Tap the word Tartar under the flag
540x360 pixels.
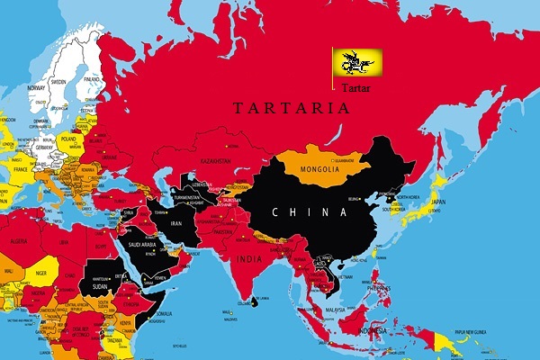(x=355, y=87)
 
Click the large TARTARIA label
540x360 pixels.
(x=291, y=108)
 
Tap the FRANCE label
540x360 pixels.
(x=21, y=167)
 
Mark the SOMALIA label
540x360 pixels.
(x=163, y=312)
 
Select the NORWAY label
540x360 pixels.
(x=36, y=88)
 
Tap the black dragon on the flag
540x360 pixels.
(x=357, y=60)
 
